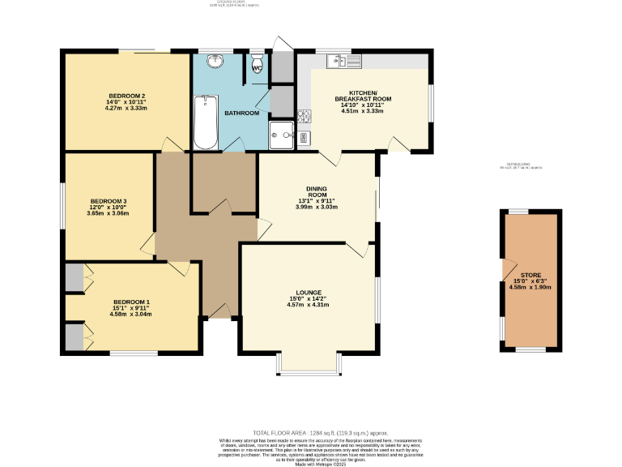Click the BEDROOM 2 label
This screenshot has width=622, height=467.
point(126,96)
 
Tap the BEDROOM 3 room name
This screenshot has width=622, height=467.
point(109,200)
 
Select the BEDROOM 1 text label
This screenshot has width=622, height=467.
point(131,302)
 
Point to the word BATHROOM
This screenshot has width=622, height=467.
point(241,113)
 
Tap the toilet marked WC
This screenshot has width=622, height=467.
point(258,65)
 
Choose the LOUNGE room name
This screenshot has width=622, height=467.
point(309,293)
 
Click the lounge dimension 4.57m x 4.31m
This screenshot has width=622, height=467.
point(309,306)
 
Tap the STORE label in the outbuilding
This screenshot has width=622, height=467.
point(530,274)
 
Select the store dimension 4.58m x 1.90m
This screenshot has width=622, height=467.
point(530,287)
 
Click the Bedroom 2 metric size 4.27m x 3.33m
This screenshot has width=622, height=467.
point(126,109)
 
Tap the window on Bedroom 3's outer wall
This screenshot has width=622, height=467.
point(64,204)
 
